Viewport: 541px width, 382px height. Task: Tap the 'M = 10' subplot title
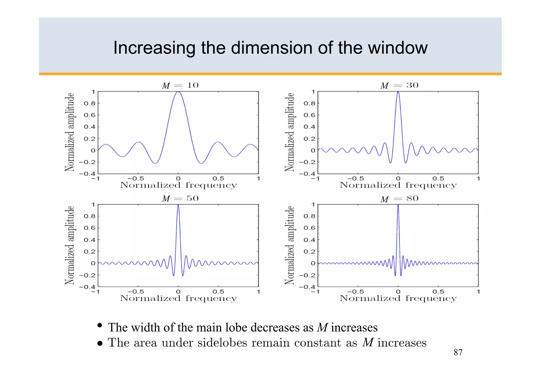pos(180,85)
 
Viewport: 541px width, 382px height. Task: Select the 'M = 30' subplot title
pos(399,85)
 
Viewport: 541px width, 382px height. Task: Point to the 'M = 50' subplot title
pos(180,198)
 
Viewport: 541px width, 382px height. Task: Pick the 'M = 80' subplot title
pos(399,199)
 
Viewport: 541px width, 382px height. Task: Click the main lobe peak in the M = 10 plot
pos(178,92)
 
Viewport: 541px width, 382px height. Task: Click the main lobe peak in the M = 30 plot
pos(398,92)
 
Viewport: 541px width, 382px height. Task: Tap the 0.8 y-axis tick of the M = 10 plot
pos(90,103)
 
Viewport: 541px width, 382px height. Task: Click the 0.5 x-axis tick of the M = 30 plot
pos(438,179)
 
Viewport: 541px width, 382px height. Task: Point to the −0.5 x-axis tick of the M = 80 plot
pos(355,292)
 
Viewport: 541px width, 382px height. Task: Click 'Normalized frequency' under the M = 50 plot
pos(178,298)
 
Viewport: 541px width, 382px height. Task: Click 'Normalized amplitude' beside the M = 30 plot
pos(290,132)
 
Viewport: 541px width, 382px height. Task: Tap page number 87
pos(458,352)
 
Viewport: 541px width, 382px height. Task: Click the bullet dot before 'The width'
pos(100,325)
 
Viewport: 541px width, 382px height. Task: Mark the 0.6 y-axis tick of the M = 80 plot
pos(309,228)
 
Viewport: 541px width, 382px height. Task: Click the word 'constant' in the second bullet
pos(318,343)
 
